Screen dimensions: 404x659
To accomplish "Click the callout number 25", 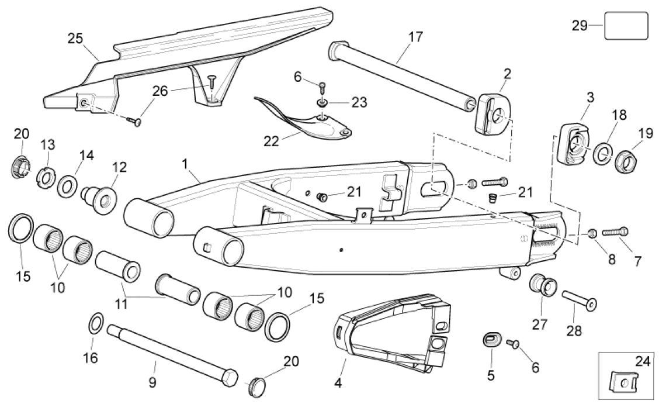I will coord(75,39).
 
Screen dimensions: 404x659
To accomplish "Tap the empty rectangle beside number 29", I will coord(626,26).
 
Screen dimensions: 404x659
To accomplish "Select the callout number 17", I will coord(415,37).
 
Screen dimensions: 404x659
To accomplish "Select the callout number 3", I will coord(590,98).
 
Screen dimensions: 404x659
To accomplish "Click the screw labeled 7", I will coord(614,232).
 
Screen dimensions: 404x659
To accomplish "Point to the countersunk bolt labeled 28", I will coord(579,298).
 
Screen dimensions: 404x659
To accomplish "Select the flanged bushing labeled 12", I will coord(100,197).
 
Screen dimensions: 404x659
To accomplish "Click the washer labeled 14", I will coord(68,186).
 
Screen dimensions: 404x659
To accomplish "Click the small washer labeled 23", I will coord(321,103).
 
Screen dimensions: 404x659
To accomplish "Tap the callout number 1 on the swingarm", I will coord(185,164).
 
